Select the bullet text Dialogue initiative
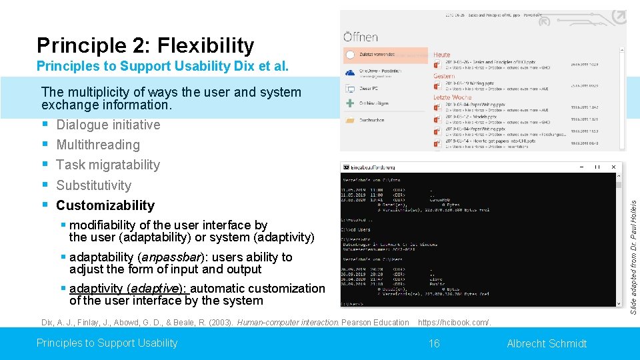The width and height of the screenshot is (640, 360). click(108, 125)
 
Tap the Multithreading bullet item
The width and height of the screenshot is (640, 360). click(98, 145)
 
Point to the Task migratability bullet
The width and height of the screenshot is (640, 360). click(108, 165)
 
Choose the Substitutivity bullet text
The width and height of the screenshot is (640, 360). click(93, 185)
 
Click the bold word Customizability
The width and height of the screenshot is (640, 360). click(105, 205)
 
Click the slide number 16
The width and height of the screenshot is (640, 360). click(434, 343)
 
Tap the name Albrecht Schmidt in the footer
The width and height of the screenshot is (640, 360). click(547, 343)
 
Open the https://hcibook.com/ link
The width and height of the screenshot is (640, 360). click(454, 323)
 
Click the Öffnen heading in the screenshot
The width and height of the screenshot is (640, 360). click(361, 37)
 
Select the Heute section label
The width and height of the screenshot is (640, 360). click(442, 55)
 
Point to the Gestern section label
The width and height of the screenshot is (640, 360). click(445, 76)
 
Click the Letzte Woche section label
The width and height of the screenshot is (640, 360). click(452, 97)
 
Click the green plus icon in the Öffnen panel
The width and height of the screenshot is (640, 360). click(349, 103)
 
